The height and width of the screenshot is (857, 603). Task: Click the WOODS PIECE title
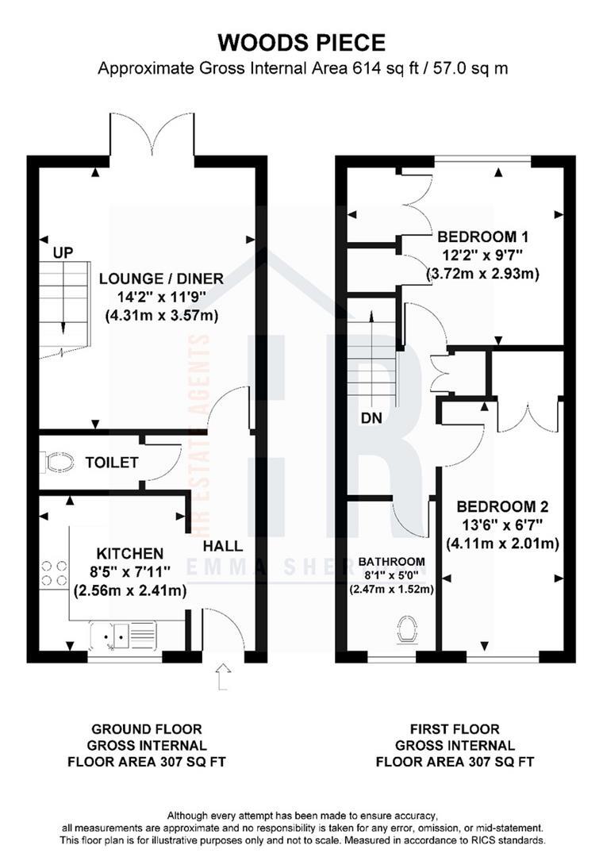click(x=301, y=42)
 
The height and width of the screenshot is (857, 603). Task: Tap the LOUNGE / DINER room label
click(x=161, y=279)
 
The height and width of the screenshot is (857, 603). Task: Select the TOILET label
click(x=113, y=463)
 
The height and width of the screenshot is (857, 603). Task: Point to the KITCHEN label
click(x=130, y=553)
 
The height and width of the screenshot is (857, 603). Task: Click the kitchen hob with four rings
click(x=52, y=574)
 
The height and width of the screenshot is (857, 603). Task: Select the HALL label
click(x=223, y=546)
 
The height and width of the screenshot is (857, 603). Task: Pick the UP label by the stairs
click(x=63, y=253)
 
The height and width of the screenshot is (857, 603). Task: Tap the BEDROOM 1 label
click(x=482, y=237)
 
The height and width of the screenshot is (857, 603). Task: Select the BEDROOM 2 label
click(x=503, y=506)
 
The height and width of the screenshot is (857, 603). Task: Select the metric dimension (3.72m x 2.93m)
click(x=482, y=275)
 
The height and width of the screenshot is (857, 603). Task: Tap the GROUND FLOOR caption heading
click(x=147, y=728)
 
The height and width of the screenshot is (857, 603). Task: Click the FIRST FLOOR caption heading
click(x=455, y=728)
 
